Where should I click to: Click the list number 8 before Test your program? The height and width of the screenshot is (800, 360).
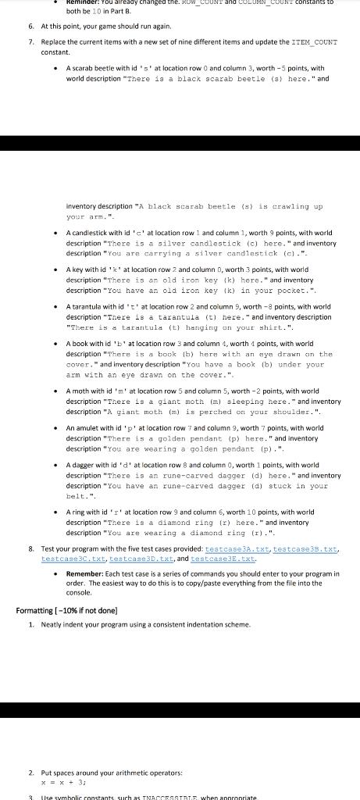(30, 550)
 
